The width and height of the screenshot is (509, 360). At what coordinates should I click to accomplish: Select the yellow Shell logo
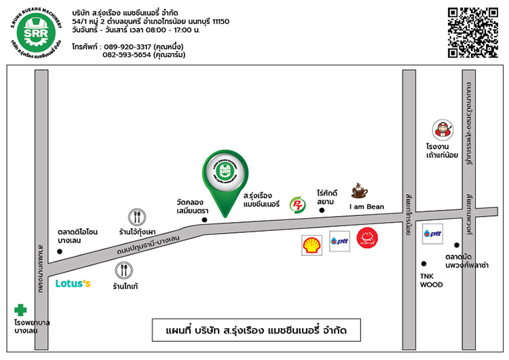tap(312, 245)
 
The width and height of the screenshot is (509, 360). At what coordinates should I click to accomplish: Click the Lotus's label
tap(73, 283)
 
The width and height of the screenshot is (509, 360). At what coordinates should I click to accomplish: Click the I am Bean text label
tap(366, 206)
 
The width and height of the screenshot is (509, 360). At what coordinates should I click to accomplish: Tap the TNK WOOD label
tap(431, 281)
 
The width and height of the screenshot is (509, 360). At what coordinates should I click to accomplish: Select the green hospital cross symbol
tap(22, 309)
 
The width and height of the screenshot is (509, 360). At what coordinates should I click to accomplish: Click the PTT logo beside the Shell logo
tap(339, 241)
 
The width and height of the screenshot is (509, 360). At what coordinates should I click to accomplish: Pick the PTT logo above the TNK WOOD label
tap(432, 234)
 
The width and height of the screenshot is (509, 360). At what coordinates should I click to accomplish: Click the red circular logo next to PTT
tap(368, 238)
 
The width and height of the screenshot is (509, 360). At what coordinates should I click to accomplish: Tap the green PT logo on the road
tap(297, 204)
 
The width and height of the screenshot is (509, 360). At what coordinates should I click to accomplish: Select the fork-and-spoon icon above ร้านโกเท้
tap(125, 271)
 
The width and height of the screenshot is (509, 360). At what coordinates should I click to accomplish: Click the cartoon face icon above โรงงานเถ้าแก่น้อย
tap(442, 129)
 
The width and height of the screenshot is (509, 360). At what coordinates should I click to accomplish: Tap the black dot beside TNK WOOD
tap(424, 264)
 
